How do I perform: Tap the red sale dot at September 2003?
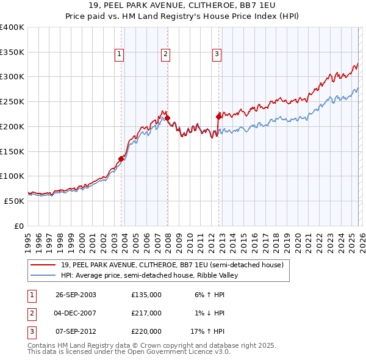click(x=121, y=159)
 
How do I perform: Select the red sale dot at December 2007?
click(x=167, y=118)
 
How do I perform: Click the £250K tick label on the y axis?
click(x=12, y=102)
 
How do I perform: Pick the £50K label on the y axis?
click(x=14, y=201)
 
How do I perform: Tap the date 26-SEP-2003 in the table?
click(x=76, y=294)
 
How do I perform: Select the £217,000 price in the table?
click(x=146, y=313)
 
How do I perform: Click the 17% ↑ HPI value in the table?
click(x=207, y=332)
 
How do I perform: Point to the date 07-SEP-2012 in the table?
click(x=76, y=332)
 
